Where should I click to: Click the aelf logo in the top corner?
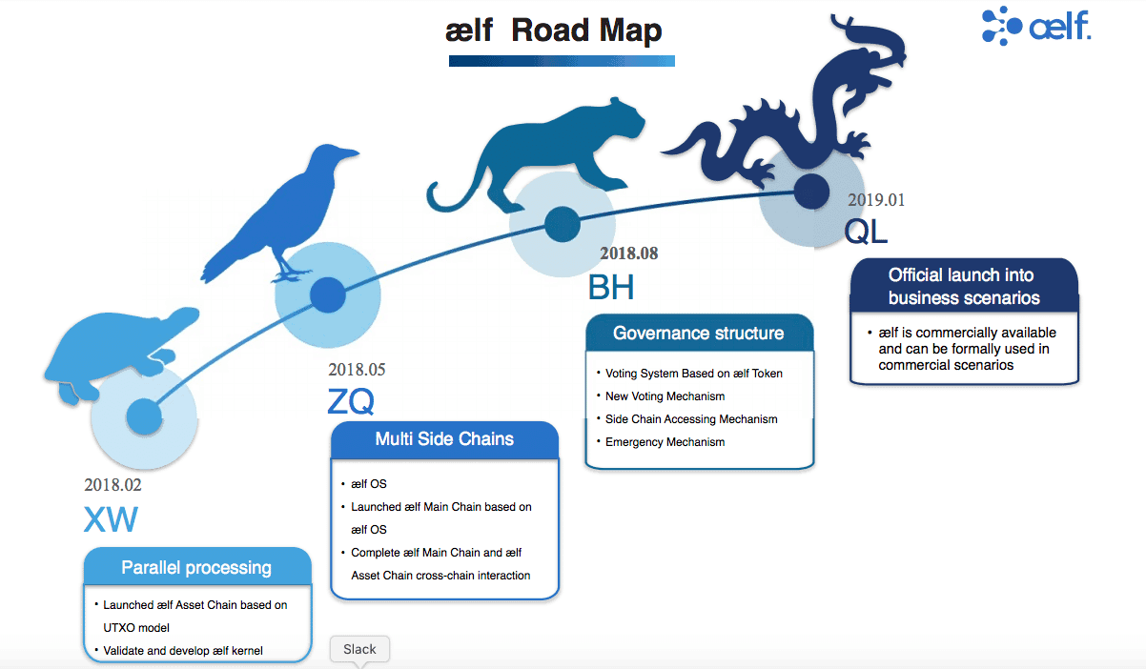coord(1036,26)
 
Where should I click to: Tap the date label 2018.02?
coord(113,485)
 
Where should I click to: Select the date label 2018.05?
coord(357,369)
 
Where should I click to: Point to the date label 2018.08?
coord(628,253)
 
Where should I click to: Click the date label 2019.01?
coord(876,200)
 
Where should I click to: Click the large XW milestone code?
coord(111,519)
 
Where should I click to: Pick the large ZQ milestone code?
coord(351,401)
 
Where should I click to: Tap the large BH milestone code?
coord(611,287)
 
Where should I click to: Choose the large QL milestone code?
coord(866,232)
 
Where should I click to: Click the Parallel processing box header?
coord(197,567)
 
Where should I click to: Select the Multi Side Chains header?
coord(444,438)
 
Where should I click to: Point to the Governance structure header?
coord(699,333)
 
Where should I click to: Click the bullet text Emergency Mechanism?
coord(665,442)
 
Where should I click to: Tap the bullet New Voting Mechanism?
coord(665,396)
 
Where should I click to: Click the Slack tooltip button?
coord(359,650)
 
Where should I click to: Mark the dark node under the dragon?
coord(811,192)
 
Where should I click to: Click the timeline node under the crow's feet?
coord(328,294)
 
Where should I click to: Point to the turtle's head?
coord(180,318)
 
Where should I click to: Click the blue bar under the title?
coord(562,61)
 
